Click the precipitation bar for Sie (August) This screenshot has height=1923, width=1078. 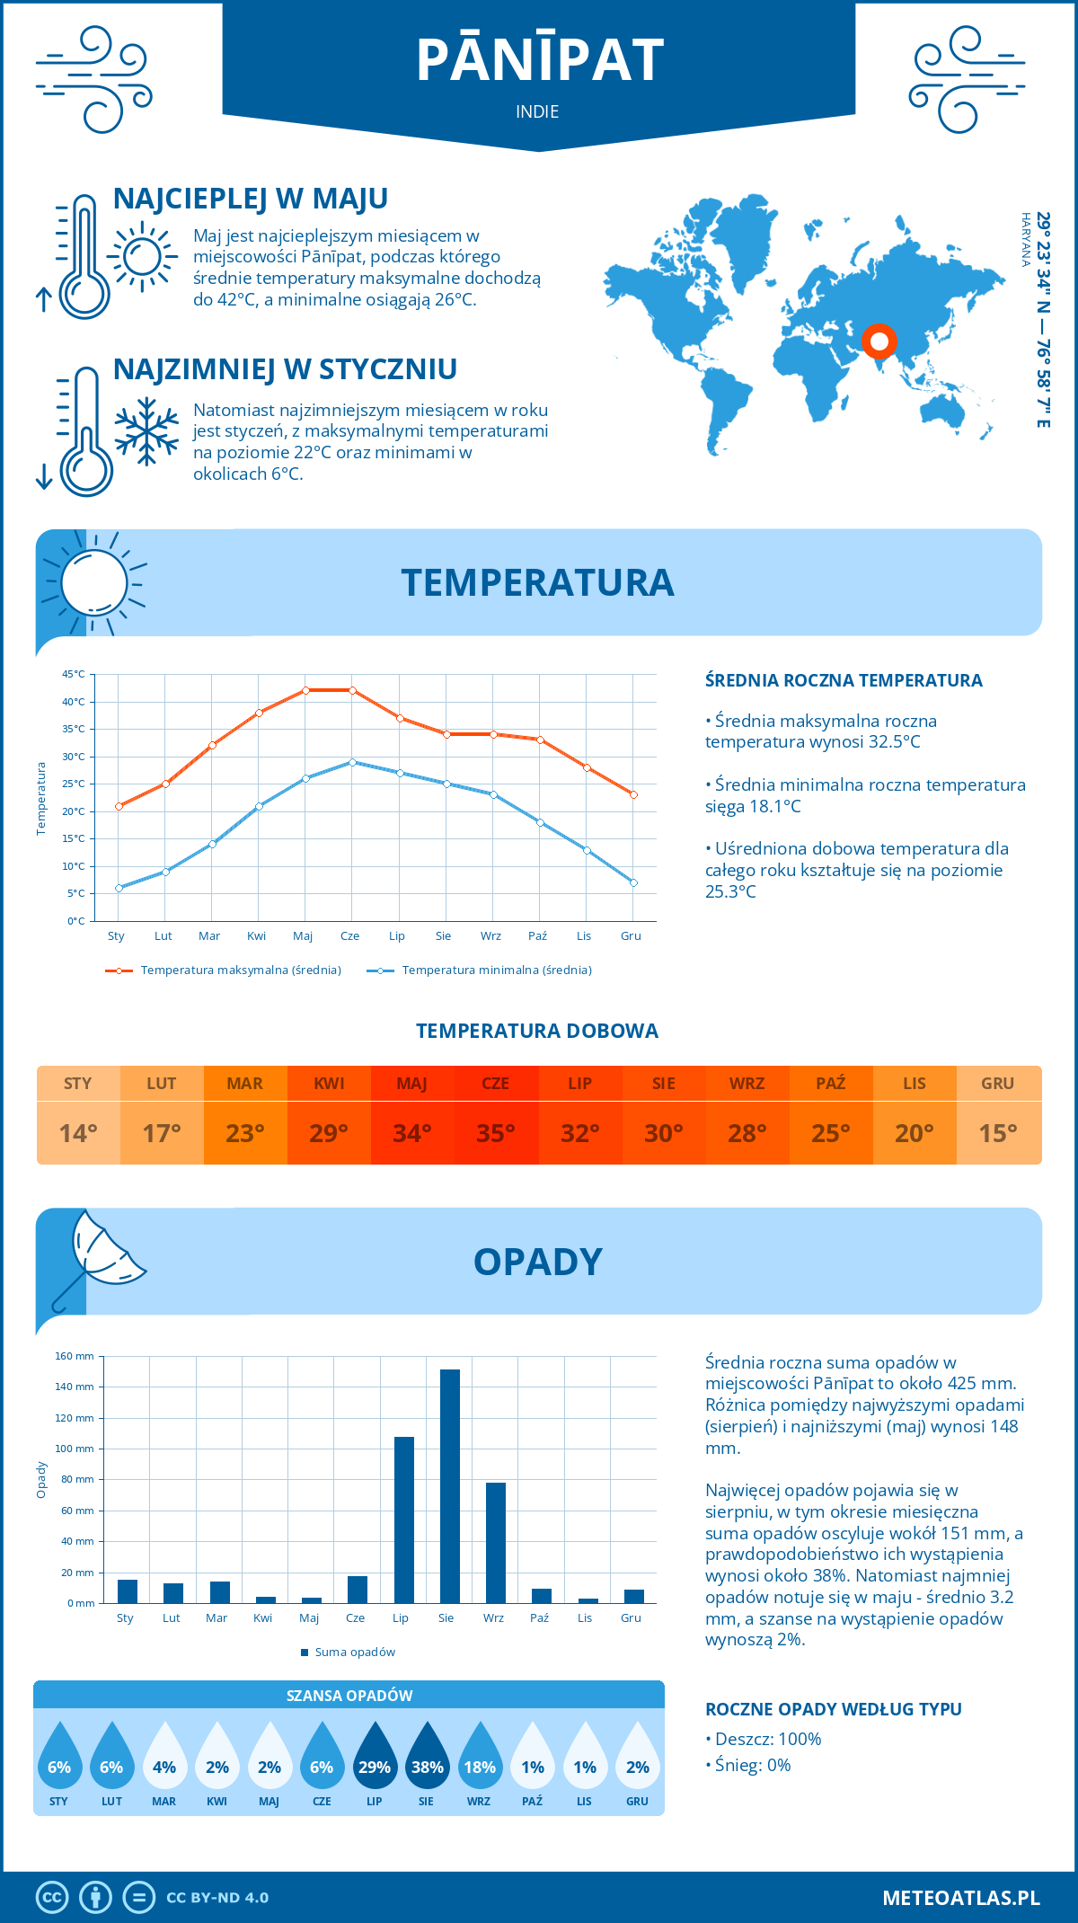pos(450,1486)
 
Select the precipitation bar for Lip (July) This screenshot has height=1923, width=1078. pos(404,1520)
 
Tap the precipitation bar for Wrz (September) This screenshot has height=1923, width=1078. pos(496,1543)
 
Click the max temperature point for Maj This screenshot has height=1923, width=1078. pos(305,690)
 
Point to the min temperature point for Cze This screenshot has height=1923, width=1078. pos(352,762)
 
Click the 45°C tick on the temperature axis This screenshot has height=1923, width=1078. pos(74,674)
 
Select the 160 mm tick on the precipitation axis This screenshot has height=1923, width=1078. pos(75,1356)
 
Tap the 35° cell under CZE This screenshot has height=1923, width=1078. pos(496,1133)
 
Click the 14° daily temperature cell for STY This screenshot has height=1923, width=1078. pos(78,1133)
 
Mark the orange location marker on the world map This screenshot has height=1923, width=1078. pos(879,341)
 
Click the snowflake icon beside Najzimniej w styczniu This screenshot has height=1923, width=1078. pos(146,432)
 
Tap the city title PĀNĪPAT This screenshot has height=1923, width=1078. pos(539,60)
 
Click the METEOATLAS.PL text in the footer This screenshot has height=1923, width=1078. pos(961,1898)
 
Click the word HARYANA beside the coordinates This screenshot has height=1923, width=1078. pos(1025,240)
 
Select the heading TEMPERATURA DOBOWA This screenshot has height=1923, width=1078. pos(537,1031)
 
